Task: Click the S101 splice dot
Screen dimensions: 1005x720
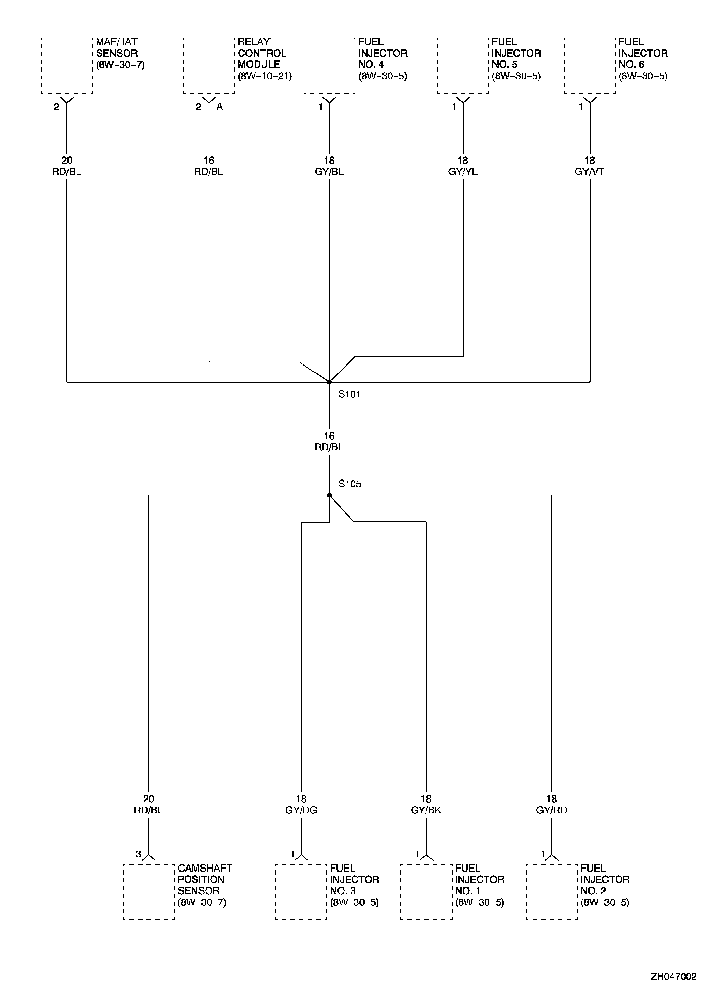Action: tap(329, 382)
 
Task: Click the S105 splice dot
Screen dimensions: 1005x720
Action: tap(329, 495)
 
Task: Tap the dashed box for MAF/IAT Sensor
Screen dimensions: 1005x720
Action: tap(67, 65)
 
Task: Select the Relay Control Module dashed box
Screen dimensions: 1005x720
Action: tap(209, 65)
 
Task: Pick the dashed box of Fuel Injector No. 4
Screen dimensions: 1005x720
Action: tap(329, 65)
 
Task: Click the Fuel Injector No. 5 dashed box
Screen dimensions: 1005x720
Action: tap(463, 65)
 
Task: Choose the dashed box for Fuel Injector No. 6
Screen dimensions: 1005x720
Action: tap(590, 65)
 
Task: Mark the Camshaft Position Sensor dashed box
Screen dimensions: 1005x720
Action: tap(149, 892)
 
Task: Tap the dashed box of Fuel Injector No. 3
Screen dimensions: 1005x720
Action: tap(301, 892)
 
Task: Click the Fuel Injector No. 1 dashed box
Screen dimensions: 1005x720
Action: tap(426, 892)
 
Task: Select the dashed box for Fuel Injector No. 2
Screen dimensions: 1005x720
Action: tap(552, 892)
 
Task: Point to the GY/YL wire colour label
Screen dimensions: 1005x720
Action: tap(463, 172)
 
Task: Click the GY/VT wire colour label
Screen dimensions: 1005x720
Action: tap(590, 172)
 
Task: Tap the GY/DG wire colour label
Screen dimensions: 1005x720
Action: tap(301, 810)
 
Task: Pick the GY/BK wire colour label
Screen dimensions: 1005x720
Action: tap(426, 810)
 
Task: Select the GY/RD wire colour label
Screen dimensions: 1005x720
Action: tap(552, 810)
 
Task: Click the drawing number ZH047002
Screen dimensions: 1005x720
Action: tap(673, 977)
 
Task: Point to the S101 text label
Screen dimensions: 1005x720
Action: tap(350, 395)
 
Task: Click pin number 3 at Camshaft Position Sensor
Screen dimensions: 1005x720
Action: tap(138, 854)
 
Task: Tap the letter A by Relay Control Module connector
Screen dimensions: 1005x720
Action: tap(220, 107)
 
